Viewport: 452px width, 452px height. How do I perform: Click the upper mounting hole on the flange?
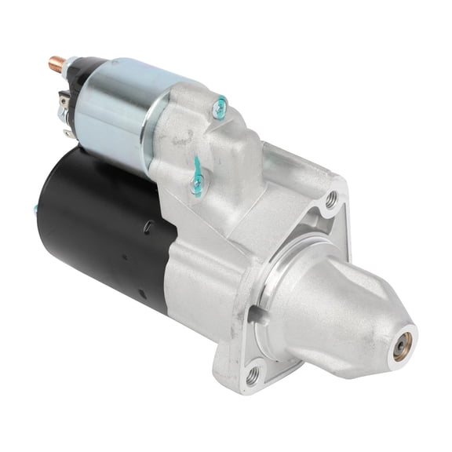[x=333, y=200]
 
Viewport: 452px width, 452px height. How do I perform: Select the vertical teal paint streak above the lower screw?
[x=196, y=166]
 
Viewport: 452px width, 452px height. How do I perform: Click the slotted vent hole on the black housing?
[x=148, y=227]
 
